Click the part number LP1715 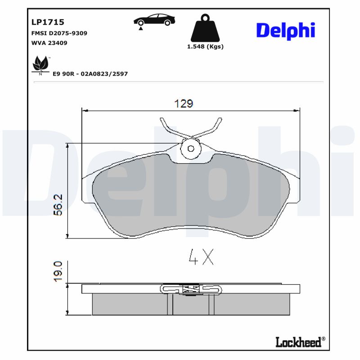pos(47,22)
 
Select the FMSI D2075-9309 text pos(59,33)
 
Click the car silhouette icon pos(154,20)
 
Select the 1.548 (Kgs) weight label pos(205,46)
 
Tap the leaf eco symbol pos(40,64)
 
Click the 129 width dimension pos(184,103)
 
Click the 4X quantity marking pos(201,256)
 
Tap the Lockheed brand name pos(298,342)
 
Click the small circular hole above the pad pos(190,148)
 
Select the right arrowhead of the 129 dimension pos(297,110)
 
